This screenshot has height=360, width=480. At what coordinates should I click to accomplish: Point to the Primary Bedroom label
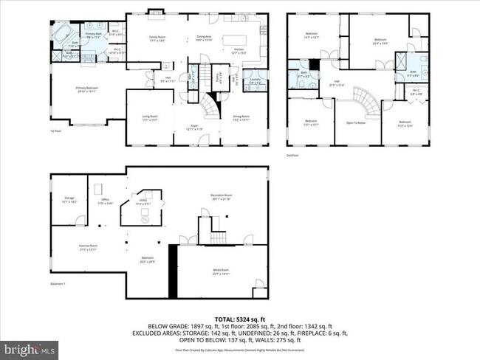pos(87,88)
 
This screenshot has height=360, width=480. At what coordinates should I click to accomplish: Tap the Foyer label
pos(194,126)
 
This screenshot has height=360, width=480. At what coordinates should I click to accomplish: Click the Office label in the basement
pos(105,200)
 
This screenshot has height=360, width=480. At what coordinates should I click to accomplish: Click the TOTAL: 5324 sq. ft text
pos(240,318)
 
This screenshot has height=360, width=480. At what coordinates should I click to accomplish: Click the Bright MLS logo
pos(30,347)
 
